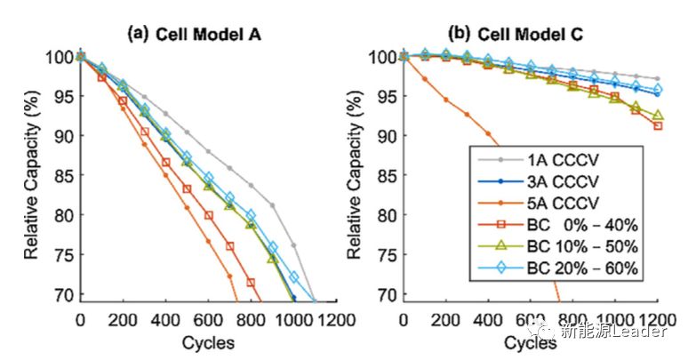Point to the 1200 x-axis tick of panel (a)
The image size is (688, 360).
point(336,321)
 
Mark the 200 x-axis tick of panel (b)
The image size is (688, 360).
point(446,321)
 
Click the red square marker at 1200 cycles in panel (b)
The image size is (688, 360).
point(657,125)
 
